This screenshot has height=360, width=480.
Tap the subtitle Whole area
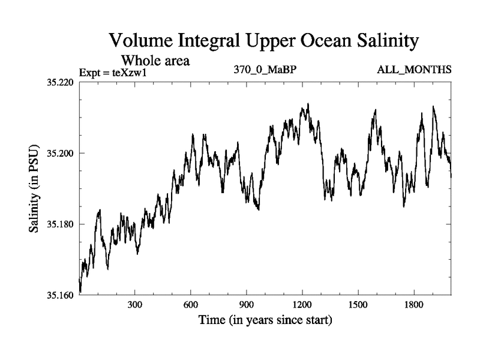click(x=155, y=60)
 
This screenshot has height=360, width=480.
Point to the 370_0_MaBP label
click(x=265, y=71)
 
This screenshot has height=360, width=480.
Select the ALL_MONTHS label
click(x=414, y=71)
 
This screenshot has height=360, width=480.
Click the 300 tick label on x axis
click(x=135, y=304)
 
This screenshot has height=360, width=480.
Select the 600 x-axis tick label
click(x=191, y=304)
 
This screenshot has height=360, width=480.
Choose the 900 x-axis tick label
click(x=247, y=304)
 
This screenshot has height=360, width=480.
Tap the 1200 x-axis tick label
click(x=302, y=304)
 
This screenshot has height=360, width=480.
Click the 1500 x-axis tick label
click(x=358, y=304)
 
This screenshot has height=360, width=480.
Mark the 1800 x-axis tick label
click(x=414, y=304)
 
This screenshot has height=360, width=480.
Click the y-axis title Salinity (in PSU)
click(x=35, y=188)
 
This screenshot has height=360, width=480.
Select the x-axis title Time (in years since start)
click(x=265, y=320)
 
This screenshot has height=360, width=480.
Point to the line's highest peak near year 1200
click(x=308, y=104)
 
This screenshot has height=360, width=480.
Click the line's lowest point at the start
click(x=80, y=292)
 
